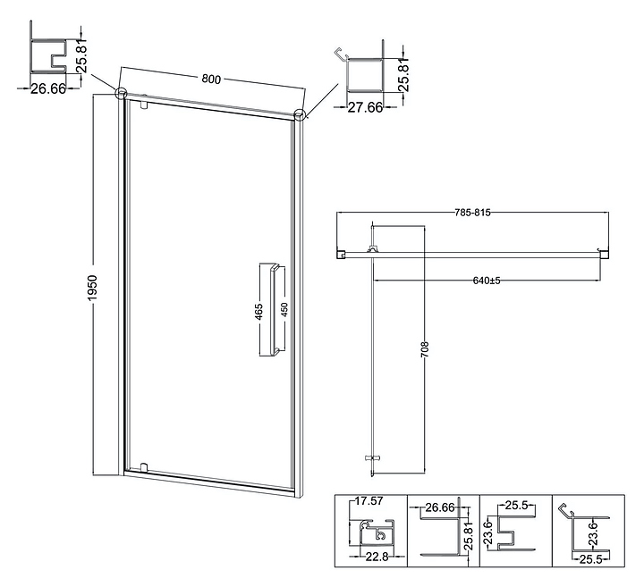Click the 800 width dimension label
[x=211, y=79]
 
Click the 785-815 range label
[x=472, y=213]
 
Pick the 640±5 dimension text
[x=487, y=280]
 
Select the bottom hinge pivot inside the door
[x=142, y=467]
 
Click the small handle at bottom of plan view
[x=374, y=457]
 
